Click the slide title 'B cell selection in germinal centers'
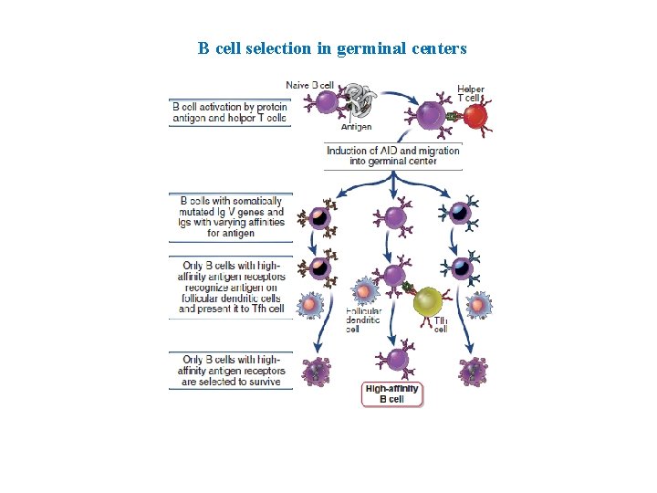click(x=332, y=48)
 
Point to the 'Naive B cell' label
click(x=310, y=86)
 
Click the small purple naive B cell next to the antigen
click(x=327, y=101)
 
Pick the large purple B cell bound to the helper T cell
click(x=428, y=116)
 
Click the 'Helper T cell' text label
click(x=471, y=93)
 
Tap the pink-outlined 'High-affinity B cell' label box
click(x=392, y=393)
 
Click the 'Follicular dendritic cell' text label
click(x=363, y=320)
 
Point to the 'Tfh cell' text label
click(x=440, y=324)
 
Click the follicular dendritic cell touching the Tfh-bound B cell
click(x=364, y=292)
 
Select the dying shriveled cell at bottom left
click(x=316, y=370)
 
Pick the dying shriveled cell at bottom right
click(x=473, y=370)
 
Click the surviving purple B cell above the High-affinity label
click(x=395, y=358)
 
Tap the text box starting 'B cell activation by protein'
click(x=230, y=112)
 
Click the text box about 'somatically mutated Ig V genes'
click(x=231, y=216)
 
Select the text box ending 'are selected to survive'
click(x=232, y=371)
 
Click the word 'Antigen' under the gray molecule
click(x=356, y=127)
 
